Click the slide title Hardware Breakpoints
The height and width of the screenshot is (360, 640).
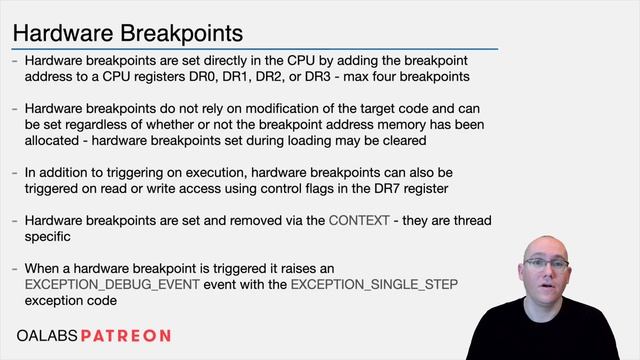[x=127, y=36]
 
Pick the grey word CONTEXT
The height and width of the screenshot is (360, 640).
[x=359, y=220]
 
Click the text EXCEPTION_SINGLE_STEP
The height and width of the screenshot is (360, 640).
[x=375, y=285]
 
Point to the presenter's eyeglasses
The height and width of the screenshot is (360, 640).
[x=553, y=264]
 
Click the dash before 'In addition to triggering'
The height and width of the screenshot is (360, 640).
[x=14, y=171]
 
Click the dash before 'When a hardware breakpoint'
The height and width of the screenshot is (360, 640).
[x=14, y=269]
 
